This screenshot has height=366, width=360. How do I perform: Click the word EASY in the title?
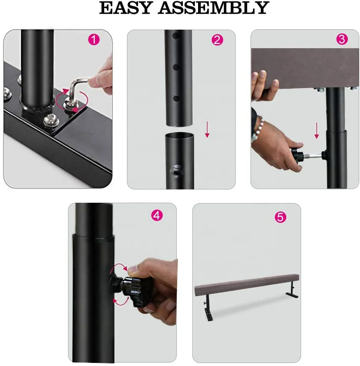(126, 8)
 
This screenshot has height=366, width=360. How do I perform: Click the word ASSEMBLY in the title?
(214, 8)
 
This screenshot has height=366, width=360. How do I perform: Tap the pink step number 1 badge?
(94, 40)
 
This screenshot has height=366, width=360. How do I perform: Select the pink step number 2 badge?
(217, 40)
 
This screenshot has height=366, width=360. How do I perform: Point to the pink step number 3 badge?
(342, 39)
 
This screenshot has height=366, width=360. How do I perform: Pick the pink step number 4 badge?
(157, 215)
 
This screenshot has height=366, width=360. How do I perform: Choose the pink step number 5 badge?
(280, 217)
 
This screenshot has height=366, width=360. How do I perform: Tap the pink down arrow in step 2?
(207, 129)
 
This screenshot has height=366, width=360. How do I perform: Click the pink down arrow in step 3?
(317, 131)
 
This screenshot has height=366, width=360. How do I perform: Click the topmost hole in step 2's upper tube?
(176, 36)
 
